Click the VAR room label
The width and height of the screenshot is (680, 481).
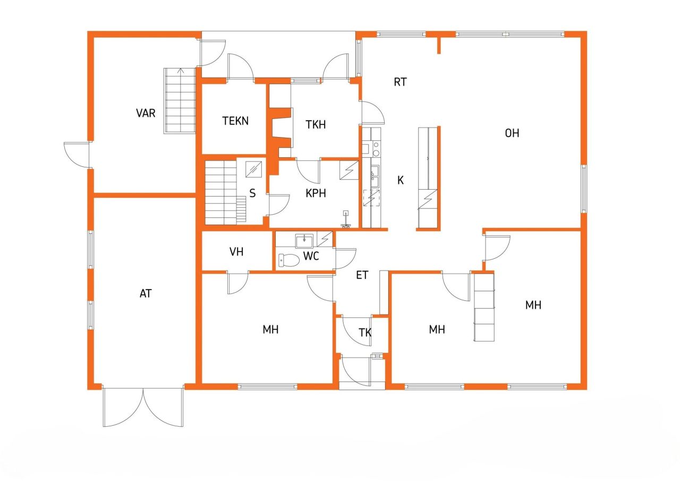146,113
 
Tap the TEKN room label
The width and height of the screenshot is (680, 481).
235,121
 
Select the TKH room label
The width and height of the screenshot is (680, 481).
316,125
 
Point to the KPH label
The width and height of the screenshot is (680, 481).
316,193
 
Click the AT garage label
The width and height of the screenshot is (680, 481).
146,293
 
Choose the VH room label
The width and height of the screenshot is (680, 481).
236,252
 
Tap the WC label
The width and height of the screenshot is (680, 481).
311,256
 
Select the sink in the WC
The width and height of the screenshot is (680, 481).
304,241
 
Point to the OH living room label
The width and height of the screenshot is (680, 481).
512,133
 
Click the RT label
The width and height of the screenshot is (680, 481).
400,82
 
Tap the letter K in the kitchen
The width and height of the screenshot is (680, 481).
401,180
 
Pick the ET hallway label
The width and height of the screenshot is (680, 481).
362,275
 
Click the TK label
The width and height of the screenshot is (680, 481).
365,333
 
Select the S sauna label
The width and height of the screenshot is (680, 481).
252,193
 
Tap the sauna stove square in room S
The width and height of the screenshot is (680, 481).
253,169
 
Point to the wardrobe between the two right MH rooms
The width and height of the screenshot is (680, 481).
484,307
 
